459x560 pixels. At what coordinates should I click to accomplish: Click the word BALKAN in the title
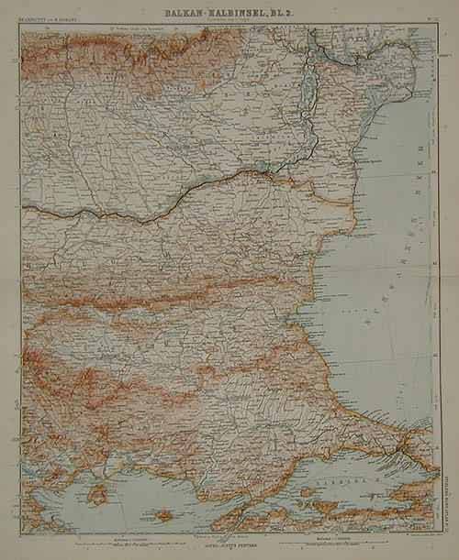(189, 10)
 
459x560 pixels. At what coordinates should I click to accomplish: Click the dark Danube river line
(184, 197)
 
